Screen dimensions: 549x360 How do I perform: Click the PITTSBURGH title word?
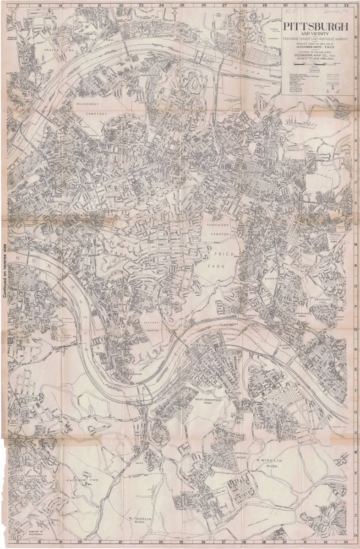coord(316,27)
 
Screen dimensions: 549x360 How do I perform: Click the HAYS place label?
coord(139,462)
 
